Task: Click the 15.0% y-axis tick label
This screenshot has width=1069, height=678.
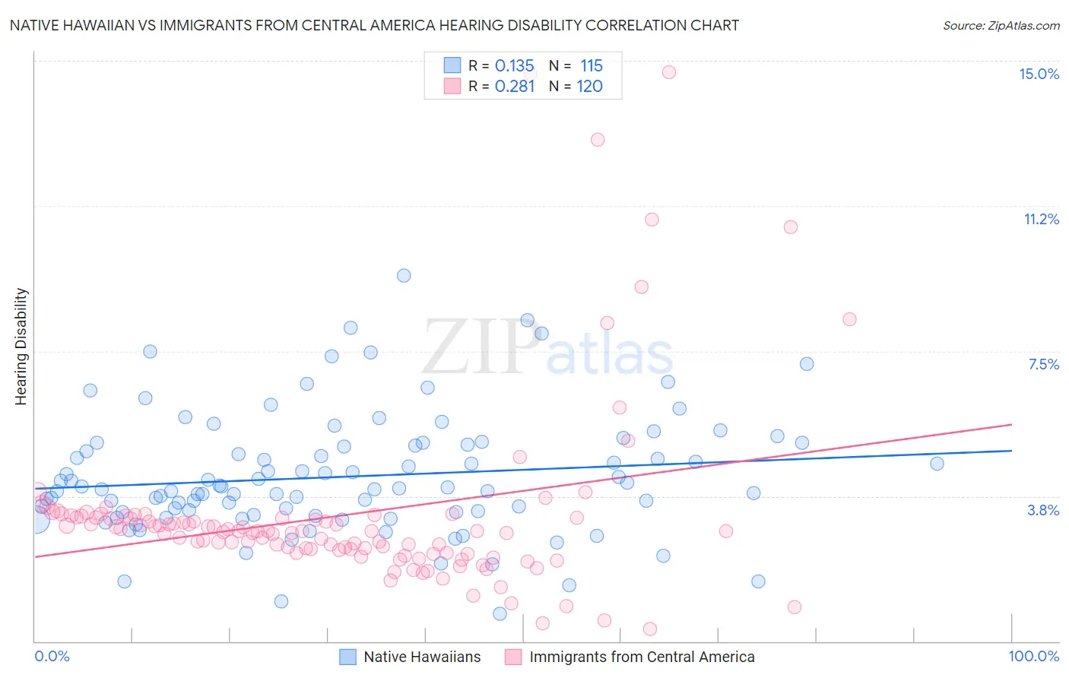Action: coord(1039,74)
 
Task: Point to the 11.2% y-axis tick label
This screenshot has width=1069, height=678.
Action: coord(1041,219)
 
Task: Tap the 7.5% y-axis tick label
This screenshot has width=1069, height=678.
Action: coord(1043,364)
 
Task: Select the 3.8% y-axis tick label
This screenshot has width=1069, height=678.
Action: coord(1043,510)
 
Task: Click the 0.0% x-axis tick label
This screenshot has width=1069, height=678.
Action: coord(52,656)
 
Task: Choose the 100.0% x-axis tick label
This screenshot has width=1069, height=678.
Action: coord(1033,656)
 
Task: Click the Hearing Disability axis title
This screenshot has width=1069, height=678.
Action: coord(21,346)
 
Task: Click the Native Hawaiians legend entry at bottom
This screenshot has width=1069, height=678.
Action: coord(422,657)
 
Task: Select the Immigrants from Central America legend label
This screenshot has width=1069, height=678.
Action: coord(642,657)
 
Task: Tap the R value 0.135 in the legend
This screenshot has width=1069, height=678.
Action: coord(515,65)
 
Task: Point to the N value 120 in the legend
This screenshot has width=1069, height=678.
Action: coord(590,86)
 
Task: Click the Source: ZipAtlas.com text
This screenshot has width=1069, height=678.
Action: coord(1001,25)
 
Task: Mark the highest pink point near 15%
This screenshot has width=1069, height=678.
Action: coord(669,72)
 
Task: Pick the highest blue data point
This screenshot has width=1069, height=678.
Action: coord(404,275)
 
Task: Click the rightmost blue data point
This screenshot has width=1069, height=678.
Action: coord(937,464)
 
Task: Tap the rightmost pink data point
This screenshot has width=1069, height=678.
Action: coord(849,319)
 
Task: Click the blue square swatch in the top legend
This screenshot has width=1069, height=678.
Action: coord(452,65)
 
